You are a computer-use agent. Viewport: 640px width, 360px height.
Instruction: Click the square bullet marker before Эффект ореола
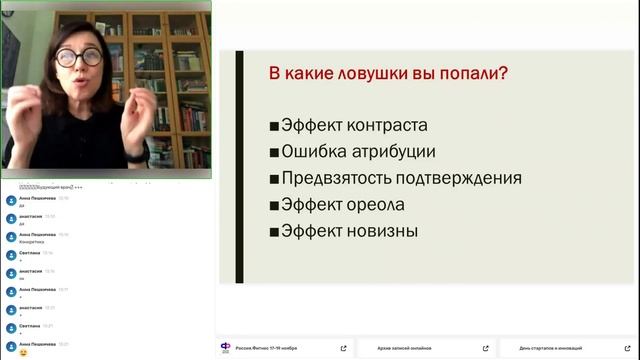274,206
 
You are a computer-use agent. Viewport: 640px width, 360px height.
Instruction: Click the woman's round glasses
78,57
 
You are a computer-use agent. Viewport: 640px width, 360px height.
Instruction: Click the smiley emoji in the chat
23,352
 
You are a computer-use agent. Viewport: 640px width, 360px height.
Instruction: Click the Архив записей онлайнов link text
406,348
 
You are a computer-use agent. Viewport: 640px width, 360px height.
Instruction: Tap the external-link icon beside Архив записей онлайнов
486,348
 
